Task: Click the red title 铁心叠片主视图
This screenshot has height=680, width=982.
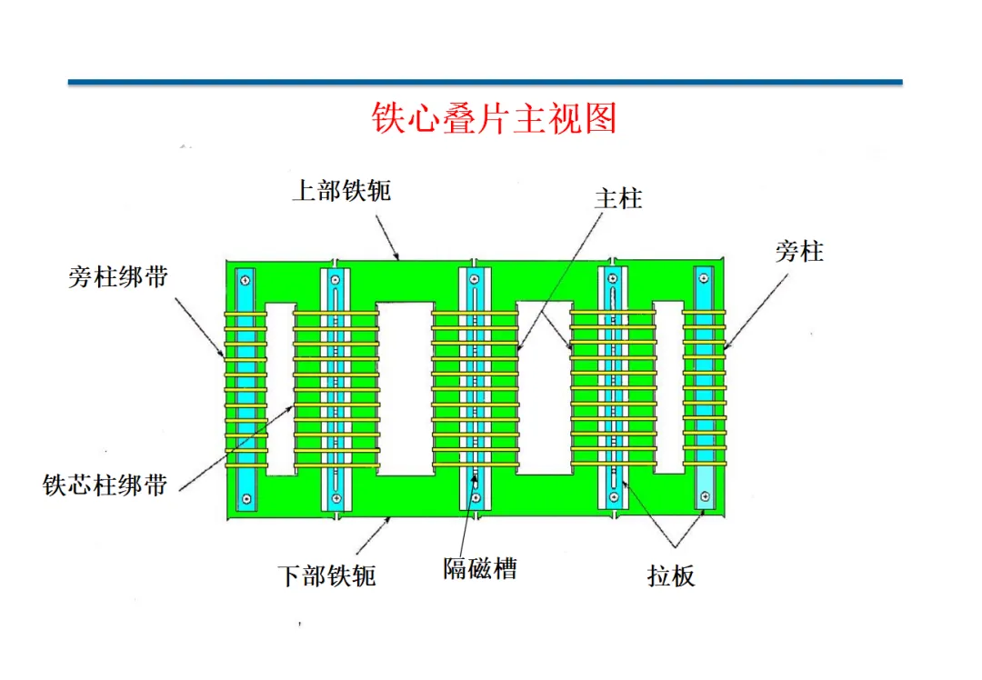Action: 494,119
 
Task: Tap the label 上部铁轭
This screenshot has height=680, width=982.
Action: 341,191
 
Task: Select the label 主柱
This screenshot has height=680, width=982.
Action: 618,198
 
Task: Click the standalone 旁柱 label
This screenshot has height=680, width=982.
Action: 799,252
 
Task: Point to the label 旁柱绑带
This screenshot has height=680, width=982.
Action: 118,277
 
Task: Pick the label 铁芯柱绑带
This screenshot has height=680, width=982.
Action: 105,485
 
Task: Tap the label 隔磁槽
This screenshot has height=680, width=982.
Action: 480,569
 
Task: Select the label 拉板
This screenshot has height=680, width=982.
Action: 671,576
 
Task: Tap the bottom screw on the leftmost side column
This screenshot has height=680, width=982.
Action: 245,498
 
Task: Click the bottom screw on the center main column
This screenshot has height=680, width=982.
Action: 475,498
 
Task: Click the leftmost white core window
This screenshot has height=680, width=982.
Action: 281,388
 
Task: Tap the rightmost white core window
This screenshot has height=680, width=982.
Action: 668,386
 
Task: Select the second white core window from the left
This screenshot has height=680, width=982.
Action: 405,388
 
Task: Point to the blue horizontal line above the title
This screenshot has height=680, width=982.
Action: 485,83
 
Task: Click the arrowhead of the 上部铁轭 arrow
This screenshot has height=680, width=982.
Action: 397,257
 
